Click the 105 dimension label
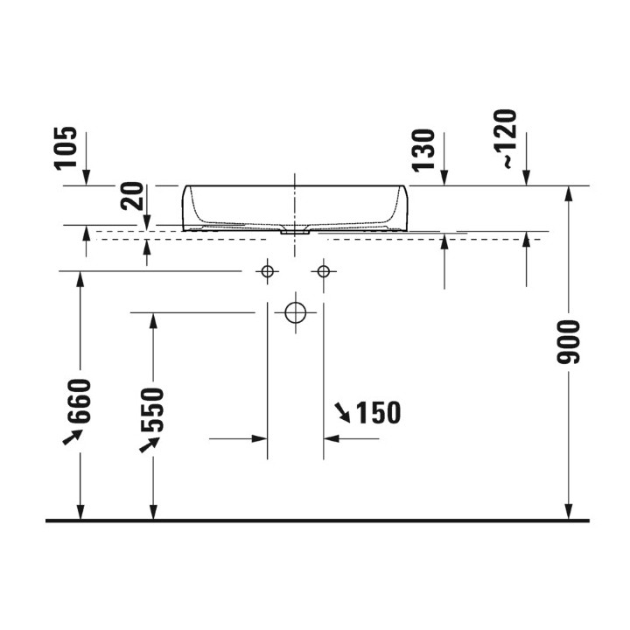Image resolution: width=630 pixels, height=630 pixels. pos(66,149)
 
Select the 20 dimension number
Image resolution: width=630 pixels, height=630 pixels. pos(132,196)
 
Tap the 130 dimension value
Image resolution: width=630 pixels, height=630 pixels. pos(423,150)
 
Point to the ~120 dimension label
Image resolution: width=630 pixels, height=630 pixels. pos(505,138)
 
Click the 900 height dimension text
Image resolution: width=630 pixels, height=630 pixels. pos(569,342)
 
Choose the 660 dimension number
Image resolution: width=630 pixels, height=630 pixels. pos(80,401)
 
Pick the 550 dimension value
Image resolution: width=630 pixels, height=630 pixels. pos(152,409)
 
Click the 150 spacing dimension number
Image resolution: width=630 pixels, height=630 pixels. pos(379,412)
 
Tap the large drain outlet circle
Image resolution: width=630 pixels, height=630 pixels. pos(296,312)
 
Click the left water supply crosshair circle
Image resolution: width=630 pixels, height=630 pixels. pos(267,271)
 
